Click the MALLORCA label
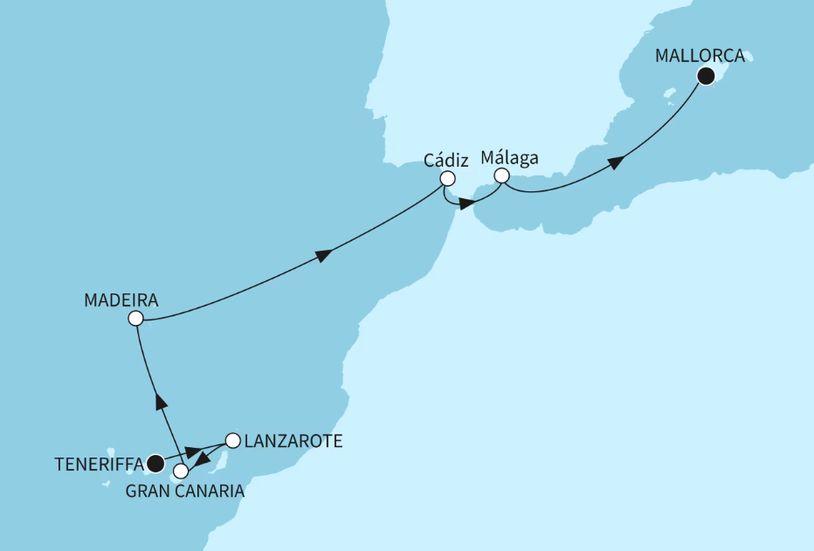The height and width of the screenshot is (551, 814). (701, 56)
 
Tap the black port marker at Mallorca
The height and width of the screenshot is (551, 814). (706, 78)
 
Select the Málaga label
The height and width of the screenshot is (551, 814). (509, 158)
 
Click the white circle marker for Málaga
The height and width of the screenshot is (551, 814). (501, 176)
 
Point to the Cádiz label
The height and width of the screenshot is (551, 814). (446, 161)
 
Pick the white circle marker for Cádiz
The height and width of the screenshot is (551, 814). (447, 178)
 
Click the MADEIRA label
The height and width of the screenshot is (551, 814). (121, 300)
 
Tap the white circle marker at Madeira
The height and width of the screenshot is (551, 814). (135, 319)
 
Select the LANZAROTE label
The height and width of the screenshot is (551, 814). (292, 442)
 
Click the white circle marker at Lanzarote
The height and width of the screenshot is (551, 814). (232, 440)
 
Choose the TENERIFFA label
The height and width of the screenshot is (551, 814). (95, 464)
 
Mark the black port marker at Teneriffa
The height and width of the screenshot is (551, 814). (155, 462)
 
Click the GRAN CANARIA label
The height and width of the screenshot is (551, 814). (185, 492)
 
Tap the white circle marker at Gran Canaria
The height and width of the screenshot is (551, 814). (181, 472)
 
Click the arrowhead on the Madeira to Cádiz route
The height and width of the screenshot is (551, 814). (323, 255)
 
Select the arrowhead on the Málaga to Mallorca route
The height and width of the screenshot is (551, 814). (616, 162)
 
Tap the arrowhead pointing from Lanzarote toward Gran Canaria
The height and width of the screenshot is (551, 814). (200, 459)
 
